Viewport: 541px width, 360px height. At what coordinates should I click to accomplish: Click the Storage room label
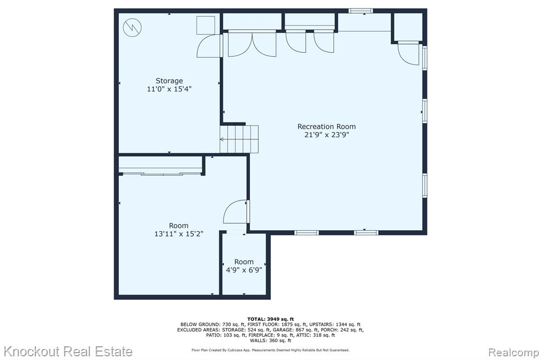tap(169, 81)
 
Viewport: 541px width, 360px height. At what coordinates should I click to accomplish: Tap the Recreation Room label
tap(327, 127)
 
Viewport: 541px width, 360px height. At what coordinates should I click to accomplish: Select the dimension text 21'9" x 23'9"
tap(327, 135)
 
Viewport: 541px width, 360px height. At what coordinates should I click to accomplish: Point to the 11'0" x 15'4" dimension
tap(169, 89)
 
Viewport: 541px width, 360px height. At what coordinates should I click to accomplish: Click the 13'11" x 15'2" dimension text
tap(179, 234)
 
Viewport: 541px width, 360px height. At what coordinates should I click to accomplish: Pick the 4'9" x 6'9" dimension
tap(244, 270)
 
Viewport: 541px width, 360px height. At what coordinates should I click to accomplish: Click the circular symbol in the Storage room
tap(133, 27)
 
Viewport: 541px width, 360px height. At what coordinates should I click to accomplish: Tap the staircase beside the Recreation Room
tap(239, 139)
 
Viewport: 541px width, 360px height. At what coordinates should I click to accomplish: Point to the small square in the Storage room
tap(206, 25)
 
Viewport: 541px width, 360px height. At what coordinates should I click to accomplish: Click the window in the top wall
tap(360, 11)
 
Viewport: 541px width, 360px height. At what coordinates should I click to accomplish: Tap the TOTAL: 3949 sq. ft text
tap(270, 319)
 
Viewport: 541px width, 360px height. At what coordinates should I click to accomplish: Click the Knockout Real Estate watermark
tap(68, 352)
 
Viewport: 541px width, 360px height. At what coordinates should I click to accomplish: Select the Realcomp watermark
tap(514, 353)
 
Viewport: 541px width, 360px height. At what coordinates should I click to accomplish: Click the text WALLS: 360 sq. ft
tap(270, 340)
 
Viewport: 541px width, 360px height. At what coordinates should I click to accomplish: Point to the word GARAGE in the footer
tap(283, 330)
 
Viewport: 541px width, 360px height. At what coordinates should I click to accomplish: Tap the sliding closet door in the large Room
tap(161, 174)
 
